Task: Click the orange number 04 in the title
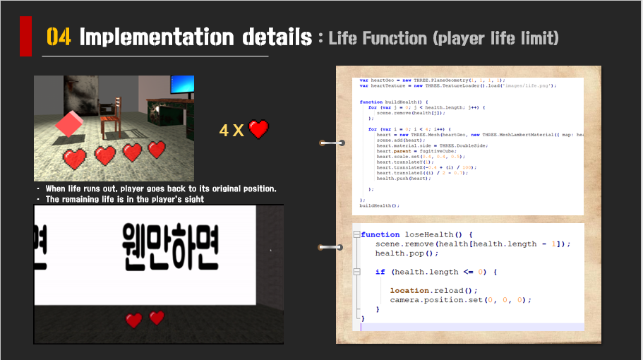click(x=59, y=37)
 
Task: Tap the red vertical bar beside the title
click(x=25, y=36)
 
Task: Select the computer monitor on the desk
click(x=181, y=87)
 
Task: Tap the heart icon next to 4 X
click(x=259, y=129)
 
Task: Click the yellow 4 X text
click(x=232, y=130)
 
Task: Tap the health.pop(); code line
click(x=407, y=253)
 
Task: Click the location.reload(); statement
click(x=433, y=290)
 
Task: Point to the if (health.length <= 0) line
click(x=436, y=272)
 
